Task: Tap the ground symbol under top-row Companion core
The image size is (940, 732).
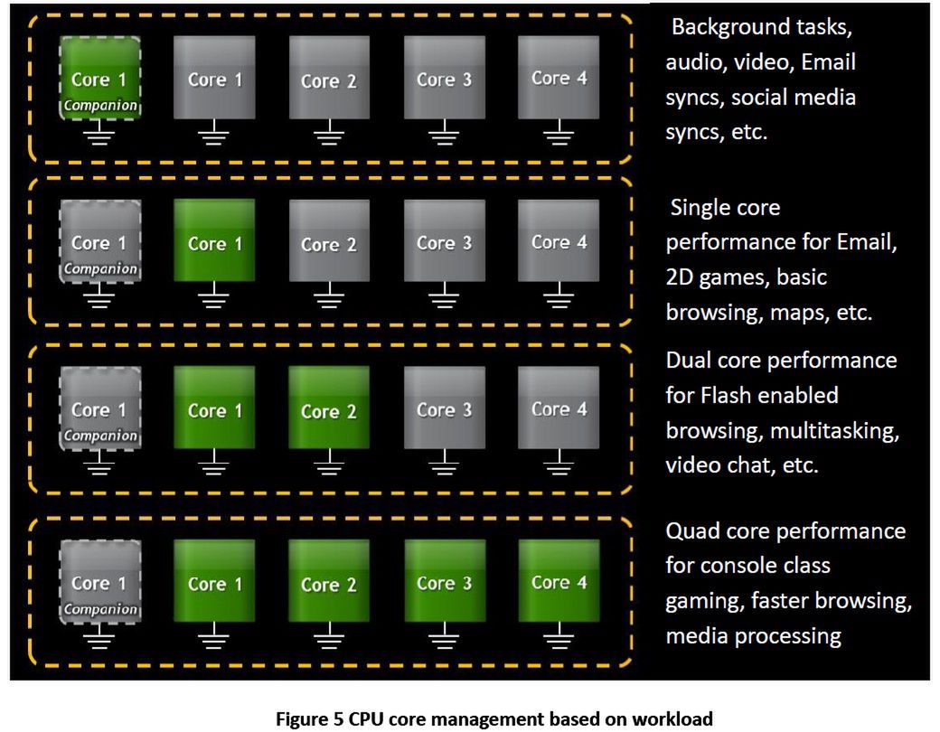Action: point(100,137)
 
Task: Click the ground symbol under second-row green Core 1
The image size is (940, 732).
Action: point(215,298)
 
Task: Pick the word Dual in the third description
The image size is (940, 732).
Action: point(690,361)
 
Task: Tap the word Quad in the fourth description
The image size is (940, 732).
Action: point(693,530)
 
